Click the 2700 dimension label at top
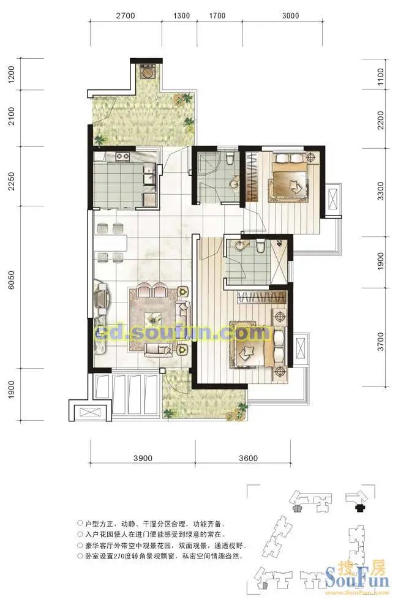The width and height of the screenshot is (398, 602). tap(126, 16)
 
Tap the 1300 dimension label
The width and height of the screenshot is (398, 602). tap(181, 16)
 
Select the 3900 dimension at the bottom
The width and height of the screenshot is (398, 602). tap(143, 458)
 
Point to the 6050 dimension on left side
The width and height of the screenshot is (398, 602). tap(11, 280)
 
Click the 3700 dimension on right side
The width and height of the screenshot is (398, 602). tap(380, 341)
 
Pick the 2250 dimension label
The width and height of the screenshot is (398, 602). tap(11, 181)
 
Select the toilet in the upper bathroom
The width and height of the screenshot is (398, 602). tap(230, 158)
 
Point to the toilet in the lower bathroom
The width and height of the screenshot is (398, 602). tap(260, 246)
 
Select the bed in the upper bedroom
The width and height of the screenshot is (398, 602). tap(290, 175)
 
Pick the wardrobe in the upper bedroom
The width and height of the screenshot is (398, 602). tap(252, 176)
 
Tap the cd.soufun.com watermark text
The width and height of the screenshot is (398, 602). tap(182, 333)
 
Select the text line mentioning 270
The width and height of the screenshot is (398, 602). tap(161, 555)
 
